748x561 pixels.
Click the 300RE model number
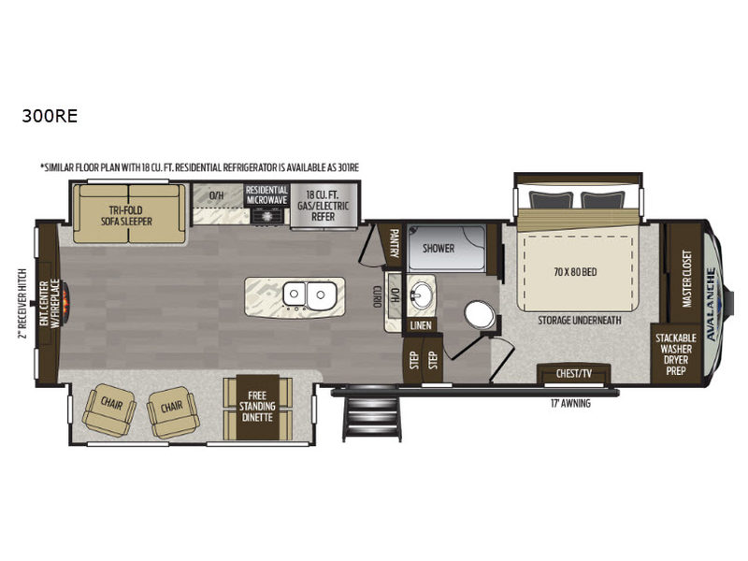point(50,116)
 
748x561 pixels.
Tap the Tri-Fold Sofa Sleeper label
point(126,216)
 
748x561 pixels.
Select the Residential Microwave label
point(267,195)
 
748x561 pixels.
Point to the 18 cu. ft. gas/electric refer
point(324,205)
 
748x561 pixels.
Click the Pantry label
point(395,243)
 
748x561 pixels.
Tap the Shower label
point(438,248)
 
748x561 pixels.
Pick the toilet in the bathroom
point(481,315)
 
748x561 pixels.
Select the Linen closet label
point(421,325)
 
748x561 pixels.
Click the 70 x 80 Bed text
point(575,272)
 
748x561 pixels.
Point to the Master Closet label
point(686,279)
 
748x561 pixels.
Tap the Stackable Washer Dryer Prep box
point(675,354)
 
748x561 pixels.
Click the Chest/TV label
point(574,373)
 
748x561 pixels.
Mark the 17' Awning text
point(570,404)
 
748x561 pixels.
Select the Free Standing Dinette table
point(258,408)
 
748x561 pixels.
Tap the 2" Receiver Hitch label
point(22,303)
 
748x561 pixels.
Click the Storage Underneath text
point(580,320)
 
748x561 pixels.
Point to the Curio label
point(377,296)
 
